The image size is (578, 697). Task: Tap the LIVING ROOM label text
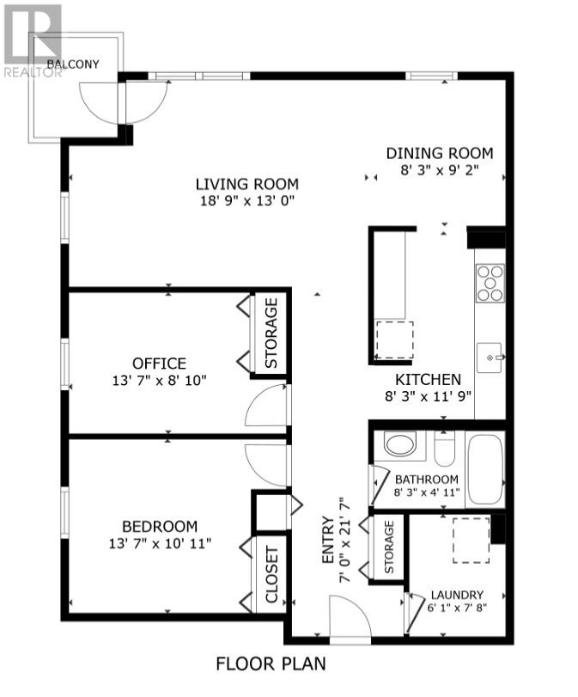coord(246,184)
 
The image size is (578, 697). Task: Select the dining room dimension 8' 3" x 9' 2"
coord(439,170)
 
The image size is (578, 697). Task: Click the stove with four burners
coord(490,283)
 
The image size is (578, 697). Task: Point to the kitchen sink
coord(492,356)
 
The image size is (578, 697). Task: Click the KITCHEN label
coord(428,379)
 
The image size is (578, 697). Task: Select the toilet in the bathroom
coord(445,450)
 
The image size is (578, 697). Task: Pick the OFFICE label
coord(159,364)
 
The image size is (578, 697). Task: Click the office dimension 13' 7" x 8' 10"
coord(159,380)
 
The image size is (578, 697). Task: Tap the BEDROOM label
coord(159,526)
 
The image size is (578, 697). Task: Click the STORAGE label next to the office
coord(271,333)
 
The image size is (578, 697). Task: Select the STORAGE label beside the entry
coord(388,547)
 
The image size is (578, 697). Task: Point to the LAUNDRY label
coord(457,595)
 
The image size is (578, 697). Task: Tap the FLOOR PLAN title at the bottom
coord(271,663)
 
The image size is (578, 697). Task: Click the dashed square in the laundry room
coord(471,541)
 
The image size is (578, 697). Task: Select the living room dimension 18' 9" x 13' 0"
coord(246,200)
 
